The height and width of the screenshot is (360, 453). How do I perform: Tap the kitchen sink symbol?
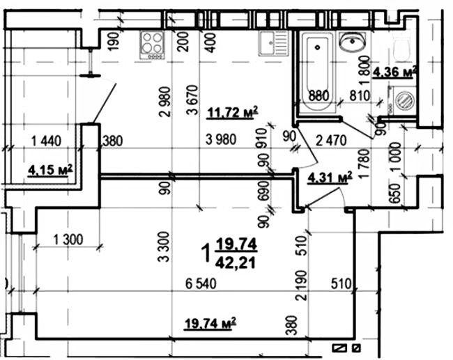point(275,45)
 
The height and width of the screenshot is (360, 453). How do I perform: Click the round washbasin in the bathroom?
point(351,44)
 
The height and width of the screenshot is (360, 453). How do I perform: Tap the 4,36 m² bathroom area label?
point(394,72)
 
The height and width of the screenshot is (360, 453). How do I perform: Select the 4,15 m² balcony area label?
point(51,169)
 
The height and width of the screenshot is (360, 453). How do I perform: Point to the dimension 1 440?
point(47,140)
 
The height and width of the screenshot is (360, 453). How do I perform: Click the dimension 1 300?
point(68,240)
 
